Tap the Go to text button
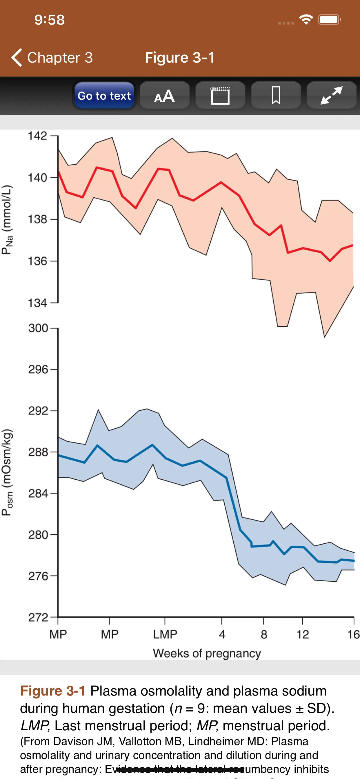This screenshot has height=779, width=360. click(104, 96)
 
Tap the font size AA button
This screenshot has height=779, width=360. click(165, 96)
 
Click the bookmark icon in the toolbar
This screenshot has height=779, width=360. click(276, 96)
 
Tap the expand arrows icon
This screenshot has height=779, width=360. click(332, 96)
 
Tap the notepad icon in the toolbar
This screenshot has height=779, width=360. click(220, 96)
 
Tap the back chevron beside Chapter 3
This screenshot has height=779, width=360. click(17, 57)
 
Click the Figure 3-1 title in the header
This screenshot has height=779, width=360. click(180, 57)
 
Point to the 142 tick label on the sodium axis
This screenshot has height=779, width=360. click(37, 136)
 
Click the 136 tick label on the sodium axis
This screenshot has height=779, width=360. click(37, 261)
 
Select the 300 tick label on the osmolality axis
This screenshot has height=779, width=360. click(38, 328)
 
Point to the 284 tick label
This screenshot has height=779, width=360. click(38, 494)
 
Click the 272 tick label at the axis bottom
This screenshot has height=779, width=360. click(38, 617)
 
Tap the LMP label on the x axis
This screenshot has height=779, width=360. click(165, 634)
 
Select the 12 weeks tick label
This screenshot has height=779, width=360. click(303, 634)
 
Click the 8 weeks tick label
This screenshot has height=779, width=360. click(264, 634)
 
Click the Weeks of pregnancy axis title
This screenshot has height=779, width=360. click(207, 653)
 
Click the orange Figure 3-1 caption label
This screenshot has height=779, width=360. click(53, 691)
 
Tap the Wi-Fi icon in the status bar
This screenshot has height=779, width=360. click(306, 20)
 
